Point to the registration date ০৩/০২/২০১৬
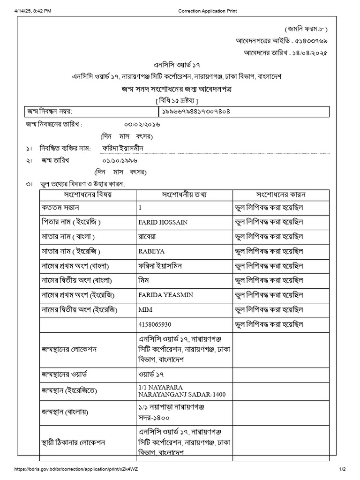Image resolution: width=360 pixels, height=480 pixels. coord(142,125)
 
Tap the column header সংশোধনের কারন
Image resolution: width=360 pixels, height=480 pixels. coord(281,194)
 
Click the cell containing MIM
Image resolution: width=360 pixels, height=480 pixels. coord(145,310)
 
